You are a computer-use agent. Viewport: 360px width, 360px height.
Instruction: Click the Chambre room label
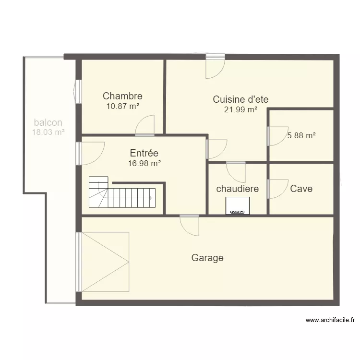tap(122, 96)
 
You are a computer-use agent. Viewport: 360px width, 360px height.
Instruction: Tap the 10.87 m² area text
tap(123, 106)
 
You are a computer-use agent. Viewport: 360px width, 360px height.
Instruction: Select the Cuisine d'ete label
tap(240, 99)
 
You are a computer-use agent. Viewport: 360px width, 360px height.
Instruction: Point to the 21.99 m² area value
tap(240, 110)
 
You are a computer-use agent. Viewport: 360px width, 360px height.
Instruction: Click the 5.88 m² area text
tap(301, 135)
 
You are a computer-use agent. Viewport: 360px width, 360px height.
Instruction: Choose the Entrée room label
tap(144, 153)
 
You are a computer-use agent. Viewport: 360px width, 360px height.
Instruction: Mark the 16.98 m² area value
tap(144, 163)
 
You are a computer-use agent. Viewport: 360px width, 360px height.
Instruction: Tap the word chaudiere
tap(238, 189)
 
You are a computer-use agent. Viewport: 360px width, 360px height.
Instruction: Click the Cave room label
tap(301, 189)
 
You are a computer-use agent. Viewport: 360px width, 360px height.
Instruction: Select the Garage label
tap(207, 258)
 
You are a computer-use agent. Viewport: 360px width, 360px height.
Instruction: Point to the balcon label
tap(48, 122)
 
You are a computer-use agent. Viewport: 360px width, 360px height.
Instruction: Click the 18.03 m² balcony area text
tap(48, 132)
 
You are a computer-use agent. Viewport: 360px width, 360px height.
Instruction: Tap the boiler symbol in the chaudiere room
tap(238, 206)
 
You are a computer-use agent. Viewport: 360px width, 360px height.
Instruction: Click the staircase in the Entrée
tap(122, 192)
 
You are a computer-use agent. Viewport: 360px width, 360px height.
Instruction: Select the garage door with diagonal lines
tap(103, 262)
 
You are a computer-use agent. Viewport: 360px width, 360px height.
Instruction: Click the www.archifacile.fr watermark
tap(330, 320)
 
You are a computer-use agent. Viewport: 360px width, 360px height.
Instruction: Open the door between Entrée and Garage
tap(190, 226)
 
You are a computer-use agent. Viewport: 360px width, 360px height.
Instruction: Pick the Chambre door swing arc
tap(144, 125)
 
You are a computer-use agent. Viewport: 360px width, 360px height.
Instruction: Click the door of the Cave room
tap(277, 189)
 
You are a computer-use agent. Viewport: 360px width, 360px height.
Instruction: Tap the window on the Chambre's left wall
tap(78, 92)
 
